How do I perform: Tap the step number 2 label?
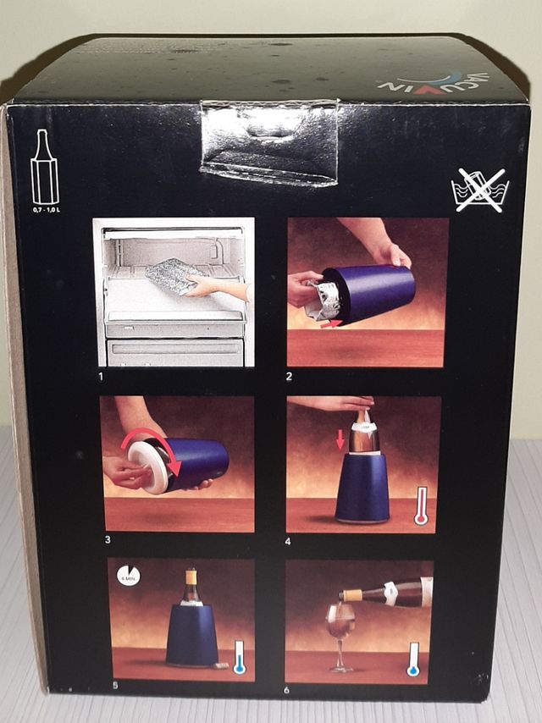290,375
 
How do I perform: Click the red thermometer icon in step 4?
421,506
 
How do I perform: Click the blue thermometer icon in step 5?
239,657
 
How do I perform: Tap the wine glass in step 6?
340,631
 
